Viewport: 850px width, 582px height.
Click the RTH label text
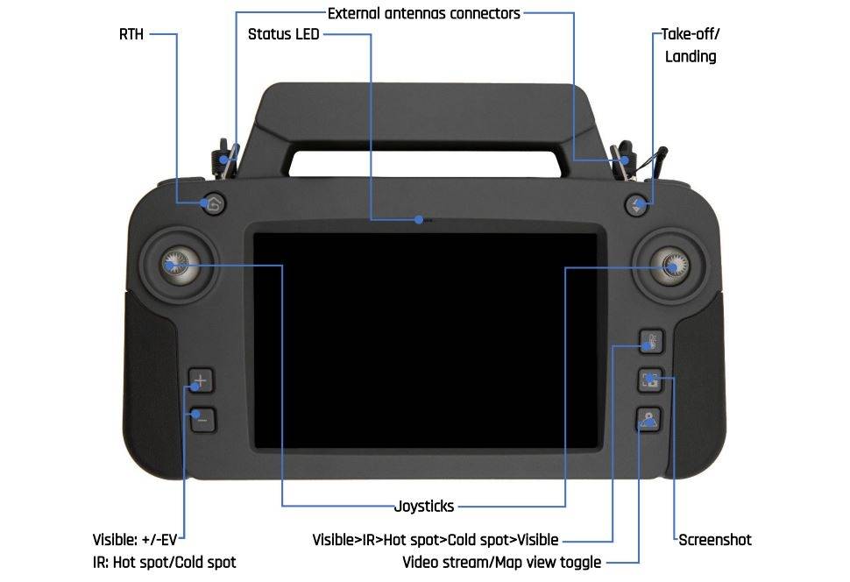(x=131, y=35)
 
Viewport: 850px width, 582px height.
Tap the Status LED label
(x=283, y=35)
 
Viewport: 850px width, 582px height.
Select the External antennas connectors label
(x=423, y=13)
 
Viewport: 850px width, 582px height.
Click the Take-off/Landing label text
(x=691, y=46)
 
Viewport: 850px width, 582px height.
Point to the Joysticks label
(x=424, y=506)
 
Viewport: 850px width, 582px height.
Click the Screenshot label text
(x=715, y=540)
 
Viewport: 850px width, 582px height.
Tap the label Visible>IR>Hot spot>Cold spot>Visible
(x=436, y=540)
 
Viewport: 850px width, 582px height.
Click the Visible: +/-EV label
(x=138, y=540)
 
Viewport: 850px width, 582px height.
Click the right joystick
(x=673, y=262)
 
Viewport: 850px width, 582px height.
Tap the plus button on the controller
(x=201, y=381)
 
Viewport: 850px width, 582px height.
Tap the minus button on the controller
(x=202, y=420)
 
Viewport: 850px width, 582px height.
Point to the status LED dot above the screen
(x=421, y=219)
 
